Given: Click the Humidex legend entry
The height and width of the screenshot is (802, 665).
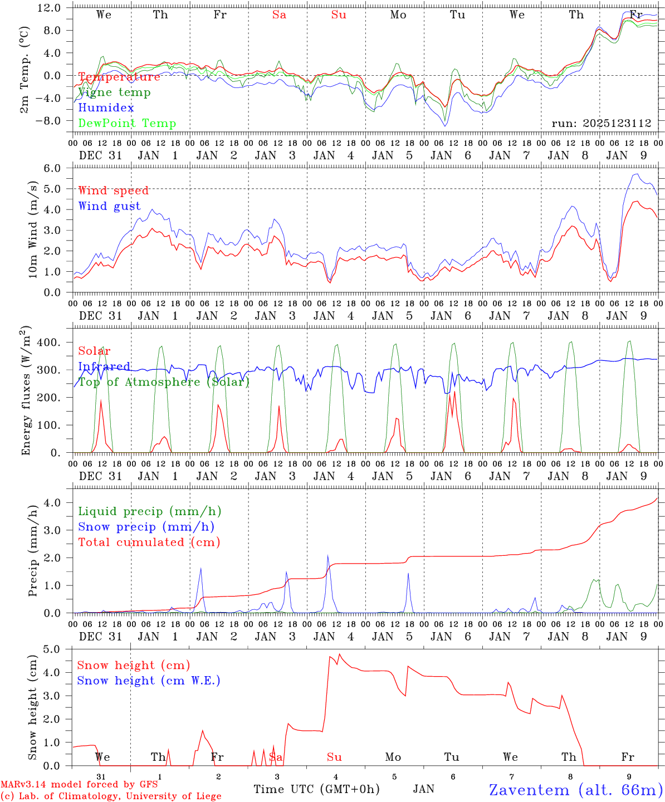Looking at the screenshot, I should coord(106,108).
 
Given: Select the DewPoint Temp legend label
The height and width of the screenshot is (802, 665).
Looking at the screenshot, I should coord(127,124).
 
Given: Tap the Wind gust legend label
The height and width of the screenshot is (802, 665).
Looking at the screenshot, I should coord(109,206).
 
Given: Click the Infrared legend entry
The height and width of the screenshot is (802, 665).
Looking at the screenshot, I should coord(104,366).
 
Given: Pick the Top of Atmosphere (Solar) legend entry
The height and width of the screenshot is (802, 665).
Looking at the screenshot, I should coord(163,382).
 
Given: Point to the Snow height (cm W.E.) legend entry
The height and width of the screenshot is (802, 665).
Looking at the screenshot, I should coord(148,681).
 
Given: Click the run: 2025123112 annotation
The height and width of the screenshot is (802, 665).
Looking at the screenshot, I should coord(601,124).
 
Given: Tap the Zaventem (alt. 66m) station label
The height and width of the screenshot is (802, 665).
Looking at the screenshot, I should coord(576,790).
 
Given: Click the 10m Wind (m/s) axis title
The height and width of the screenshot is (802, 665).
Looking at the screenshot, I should coord(33,229).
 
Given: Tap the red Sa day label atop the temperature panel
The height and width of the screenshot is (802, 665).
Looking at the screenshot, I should coord(279,15).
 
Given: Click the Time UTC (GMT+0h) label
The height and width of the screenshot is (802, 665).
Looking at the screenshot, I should coord(316,789).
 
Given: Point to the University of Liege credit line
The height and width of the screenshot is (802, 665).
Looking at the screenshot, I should coord(111,796).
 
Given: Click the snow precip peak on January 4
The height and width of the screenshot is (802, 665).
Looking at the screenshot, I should coord(328,555).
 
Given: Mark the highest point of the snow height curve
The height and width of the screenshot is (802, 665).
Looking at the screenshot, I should coord(340,654).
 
